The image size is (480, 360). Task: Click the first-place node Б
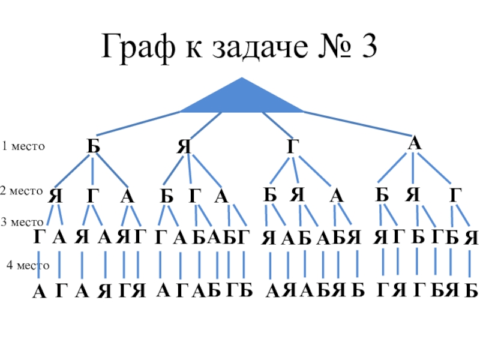click(x=92, y=146)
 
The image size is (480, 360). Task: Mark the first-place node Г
click(x=292, y=146)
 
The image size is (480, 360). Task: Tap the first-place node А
click(x=414, y=143)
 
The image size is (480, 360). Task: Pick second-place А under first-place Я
click(x=221, y=196)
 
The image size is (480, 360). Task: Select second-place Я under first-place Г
click(x=298, y=194)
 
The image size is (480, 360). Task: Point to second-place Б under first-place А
click(x=382, y=194)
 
